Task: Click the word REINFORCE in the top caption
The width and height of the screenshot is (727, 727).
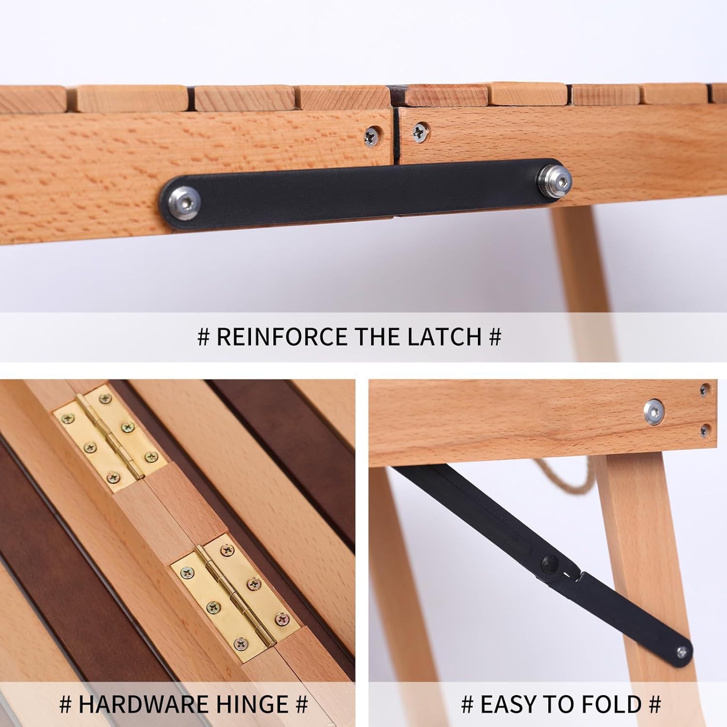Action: click(282, 336)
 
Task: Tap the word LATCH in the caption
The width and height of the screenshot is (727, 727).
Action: click(444, 336)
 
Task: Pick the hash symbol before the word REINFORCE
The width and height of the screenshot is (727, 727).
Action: click(204, 337)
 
